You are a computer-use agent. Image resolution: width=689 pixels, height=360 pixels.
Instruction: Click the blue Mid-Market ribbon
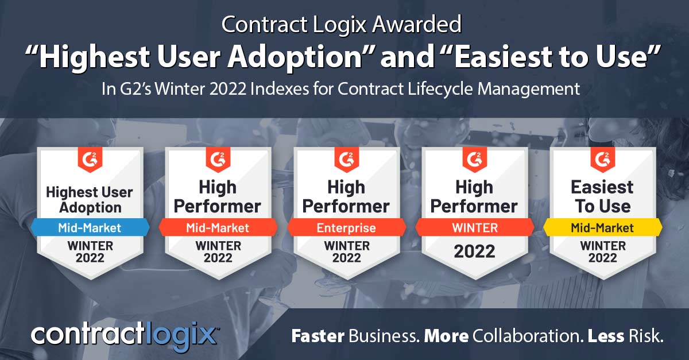(90, 228)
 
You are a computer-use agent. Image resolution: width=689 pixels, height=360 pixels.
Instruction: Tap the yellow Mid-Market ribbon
(602, 228)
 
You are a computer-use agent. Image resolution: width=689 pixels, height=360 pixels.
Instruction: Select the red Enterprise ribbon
(346, 228)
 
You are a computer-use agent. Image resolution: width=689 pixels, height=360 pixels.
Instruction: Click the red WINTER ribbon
(475, 228)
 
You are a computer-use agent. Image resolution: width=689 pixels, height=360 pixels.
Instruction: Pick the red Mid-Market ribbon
(218, 228)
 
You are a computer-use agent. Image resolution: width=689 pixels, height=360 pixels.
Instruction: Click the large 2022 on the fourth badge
(475, 251)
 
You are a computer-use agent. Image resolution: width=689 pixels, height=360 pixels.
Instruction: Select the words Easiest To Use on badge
(602, 196)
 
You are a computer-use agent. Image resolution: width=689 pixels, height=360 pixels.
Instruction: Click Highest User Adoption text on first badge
(90, 200)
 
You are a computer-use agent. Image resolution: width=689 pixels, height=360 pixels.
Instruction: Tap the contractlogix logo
(124, 334)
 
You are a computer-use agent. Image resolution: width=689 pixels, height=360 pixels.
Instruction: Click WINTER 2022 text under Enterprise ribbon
(346, 251)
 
